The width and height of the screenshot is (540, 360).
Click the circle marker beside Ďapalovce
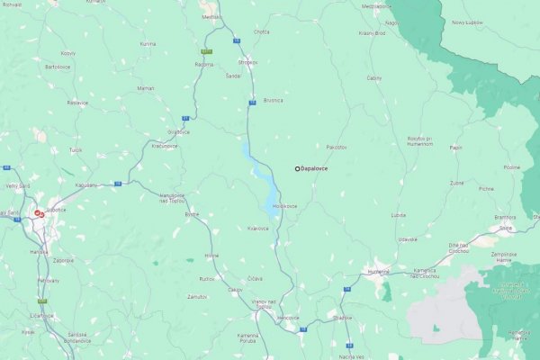pyautogui.click(x=297, y=168)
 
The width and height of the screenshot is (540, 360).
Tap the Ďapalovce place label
pyautogui.click(x=315, y=168)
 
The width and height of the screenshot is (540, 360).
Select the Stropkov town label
pyautogui.click(x=247, y=62)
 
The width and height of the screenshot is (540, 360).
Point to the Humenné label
pyautogui.click(x=378, y=271)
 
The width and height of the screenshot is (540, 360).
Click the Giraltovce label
pyautogui.click(x=178, y=132)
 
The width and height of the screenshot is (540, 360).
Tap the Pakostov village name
pyautogui.click(x=337, y=146)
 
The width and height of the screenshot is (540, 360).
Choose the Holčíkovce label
pyautogui.click(x=285, y=206)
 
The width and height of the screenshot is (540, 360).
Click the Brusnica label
pyautogui.click(x=274, y=100)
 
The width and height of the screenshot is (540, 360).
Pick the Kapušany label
pyautogui.click(x=86, y=184)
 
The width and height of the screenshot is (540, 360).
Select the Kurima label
pyautogui.click(x=148, y=43)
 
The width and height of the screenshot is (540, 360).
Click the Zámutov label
pyautogui.click(x=197, y=295)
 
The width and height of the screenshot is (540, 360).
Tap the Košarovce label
pyautogui.click(x=258, y=229)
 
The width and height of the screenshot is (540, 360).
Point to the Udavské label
pyautogui.click(x=408, y=238)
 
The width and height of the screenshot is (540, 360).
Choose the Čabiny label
pyautogui.click(x=374, y=77)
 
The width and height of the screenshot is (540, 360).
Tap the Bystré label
pyautogui.click(x=192, y=215)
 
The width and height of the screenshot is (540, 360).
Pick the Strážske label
pyautogui.click(x=342, y=318)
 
